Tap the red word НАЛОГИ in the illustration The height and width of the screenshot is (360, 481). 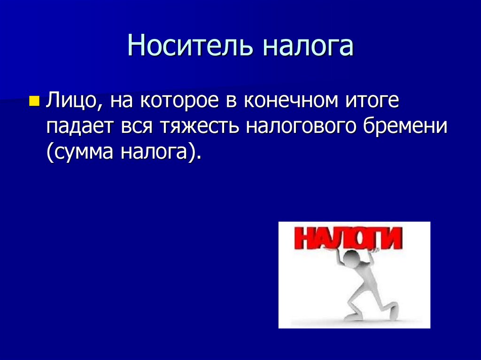tap(347, 239)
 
